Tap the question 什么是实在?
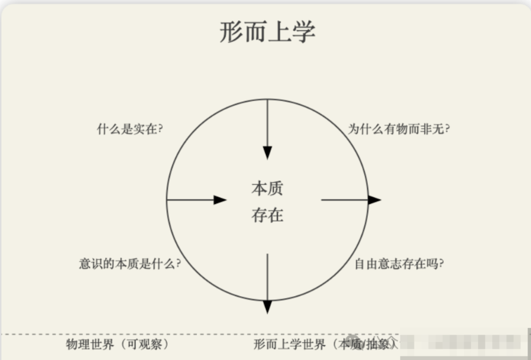[129, 129]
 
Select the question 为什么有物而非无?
[399, 129]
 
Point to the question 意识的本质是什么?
[129, 264]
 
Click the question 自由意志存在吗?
[399, 264]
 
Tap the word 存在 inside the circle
[267, 216]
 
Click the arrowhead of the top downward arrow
[267, 153]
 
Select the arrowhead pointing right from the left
[220, 200]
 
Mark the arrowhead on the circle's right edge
[374, 200]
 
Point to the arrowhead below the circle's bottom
[267, 307]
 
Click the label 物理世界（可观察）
[118, 344]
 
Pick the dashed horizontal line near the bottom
[177, 334]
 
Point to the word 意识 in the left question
[89, 264]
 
